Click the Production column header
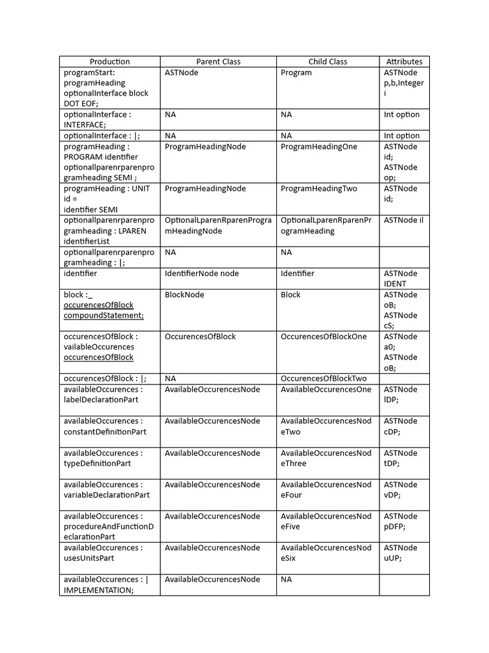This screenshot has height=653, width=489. tap(110, 62)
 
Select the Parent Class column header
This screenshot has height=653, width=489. tap(218, 62)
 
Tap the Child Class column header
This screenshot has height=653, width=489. tap(327, 62)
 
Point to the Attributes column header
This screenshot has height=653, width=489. tap(404, 62)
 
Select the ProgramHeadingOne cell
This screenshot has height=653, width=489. tap(319, 147)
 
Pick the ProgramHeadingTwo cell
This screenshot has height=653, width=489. tap(319, 189)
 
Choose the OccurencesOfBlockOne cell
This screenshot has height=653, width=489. tap(323, 337)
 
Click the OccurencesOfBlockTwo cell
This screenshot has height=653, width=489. tap(323, 379)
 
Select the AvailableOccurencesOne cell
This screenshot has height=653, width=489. tap(326, 390)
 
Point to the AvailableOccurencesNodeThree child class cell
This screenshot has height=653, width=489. tap(326, 459)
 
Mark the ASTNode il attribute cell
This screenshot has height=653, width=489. tap(404, 221)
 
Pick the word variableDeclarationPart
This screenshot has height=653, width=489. tap(107, 495)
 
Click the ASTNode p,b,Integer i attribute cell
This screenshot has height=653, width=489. tap(404, 83)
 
